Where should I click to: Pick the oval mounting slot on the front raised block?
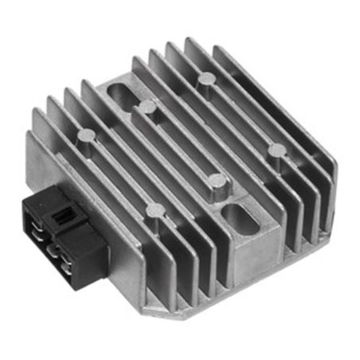click(x=237, y=216)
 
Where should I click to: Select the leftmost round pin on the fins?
click(x=85, y=137)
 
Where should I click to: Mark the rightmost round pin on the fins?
click(x=276, y=150)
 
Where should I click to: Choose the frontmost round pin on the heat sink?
click(x=153, y=211)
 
